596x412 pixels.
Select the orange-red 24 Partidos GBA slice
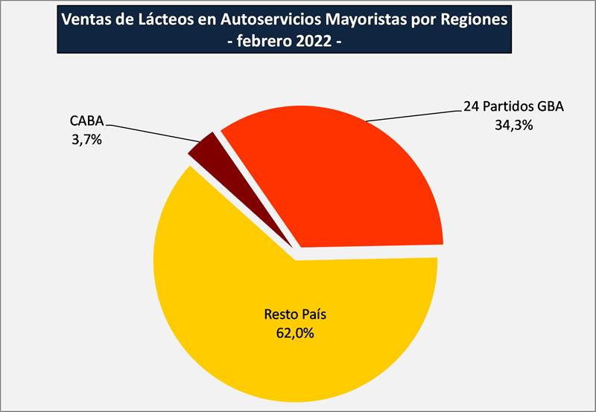click(350, 178)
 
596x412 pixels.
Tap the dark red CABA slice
click(203, 147)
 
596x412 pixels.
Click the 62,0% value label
click(294, 332)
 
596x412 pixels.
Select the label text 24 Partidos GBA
click(514, 107)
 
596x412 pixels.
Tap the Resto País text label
click(295, 315)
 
